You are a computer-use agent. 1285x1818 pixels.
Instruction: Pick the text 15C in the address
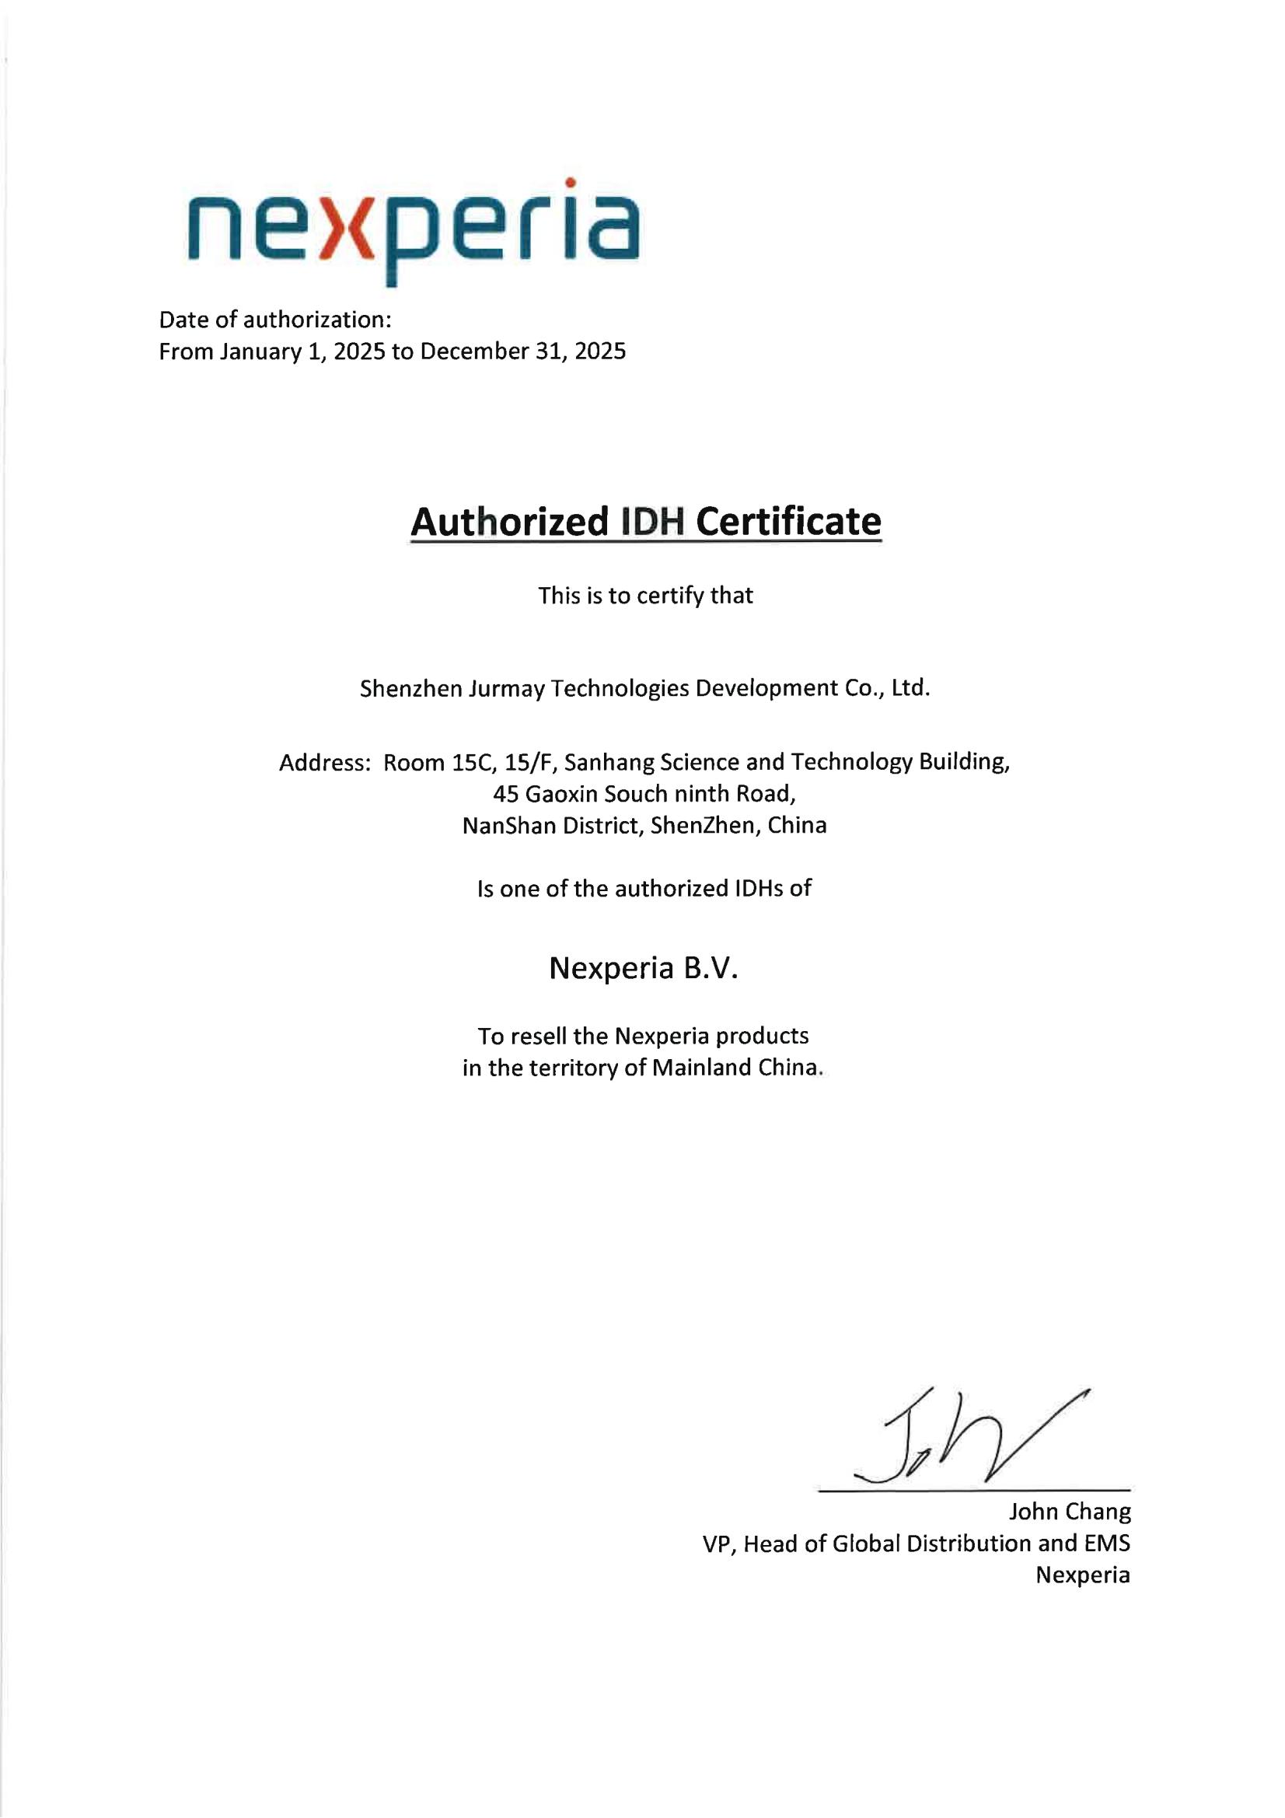472,763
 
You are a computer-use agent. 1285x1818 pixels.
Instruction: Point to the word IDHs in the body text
759,889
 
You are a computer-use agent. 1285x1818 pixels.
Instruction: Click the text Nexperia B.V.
644,968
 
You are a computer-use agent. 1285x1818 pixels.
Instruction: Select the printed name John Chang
1069,1512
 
